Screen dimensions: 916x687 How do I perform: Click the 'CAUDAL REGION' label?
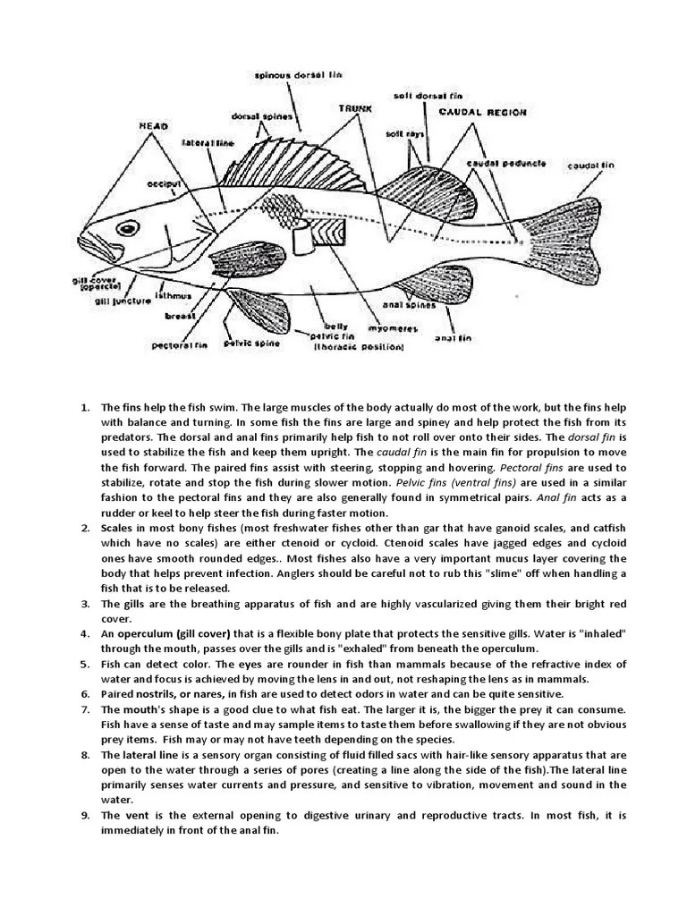point(482,113)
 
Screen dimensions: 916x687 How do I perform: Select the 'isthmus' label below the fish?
point(172,295)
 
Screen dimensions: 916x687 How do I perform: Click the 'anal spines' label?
point(413,304)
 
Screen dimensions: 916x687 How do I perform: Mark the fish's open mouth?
point(90,248)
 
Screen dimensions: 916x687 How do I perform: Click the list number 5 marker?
point(85,664)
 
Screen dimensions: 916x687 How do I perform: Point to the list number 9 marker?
point(85,815)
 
